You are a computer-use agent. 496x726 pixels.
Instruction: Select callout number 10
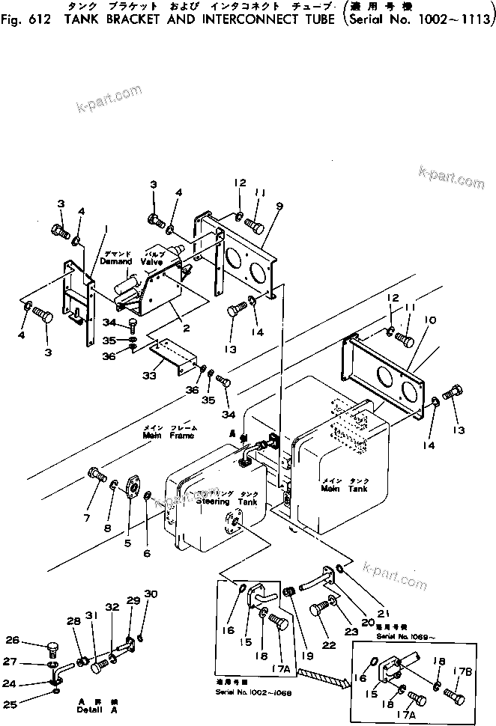(x=427, y=319)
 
